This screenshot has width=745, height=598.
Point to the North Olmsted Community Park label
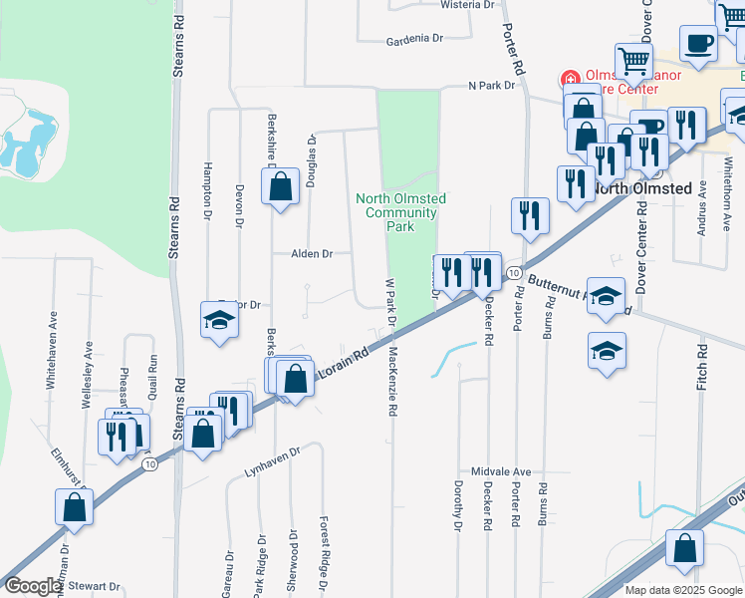tap(400, 212)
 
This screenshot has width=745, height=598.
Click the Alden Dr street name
tap(311, 254)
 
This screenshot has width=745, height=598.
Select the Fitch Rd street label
tap(701, 366)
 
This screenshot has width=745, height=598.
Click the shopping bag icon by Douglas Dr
tap(281, 185)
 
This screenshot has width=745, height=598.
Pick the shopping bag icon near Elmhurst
tap(75, 507)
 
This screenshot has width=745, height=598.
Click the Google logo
tap(33, 586)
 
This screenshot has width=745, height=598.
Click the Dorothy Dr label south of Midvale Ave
tap(458, 505)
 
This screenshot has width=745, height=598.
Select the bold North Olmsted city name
tap(642, 187)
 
